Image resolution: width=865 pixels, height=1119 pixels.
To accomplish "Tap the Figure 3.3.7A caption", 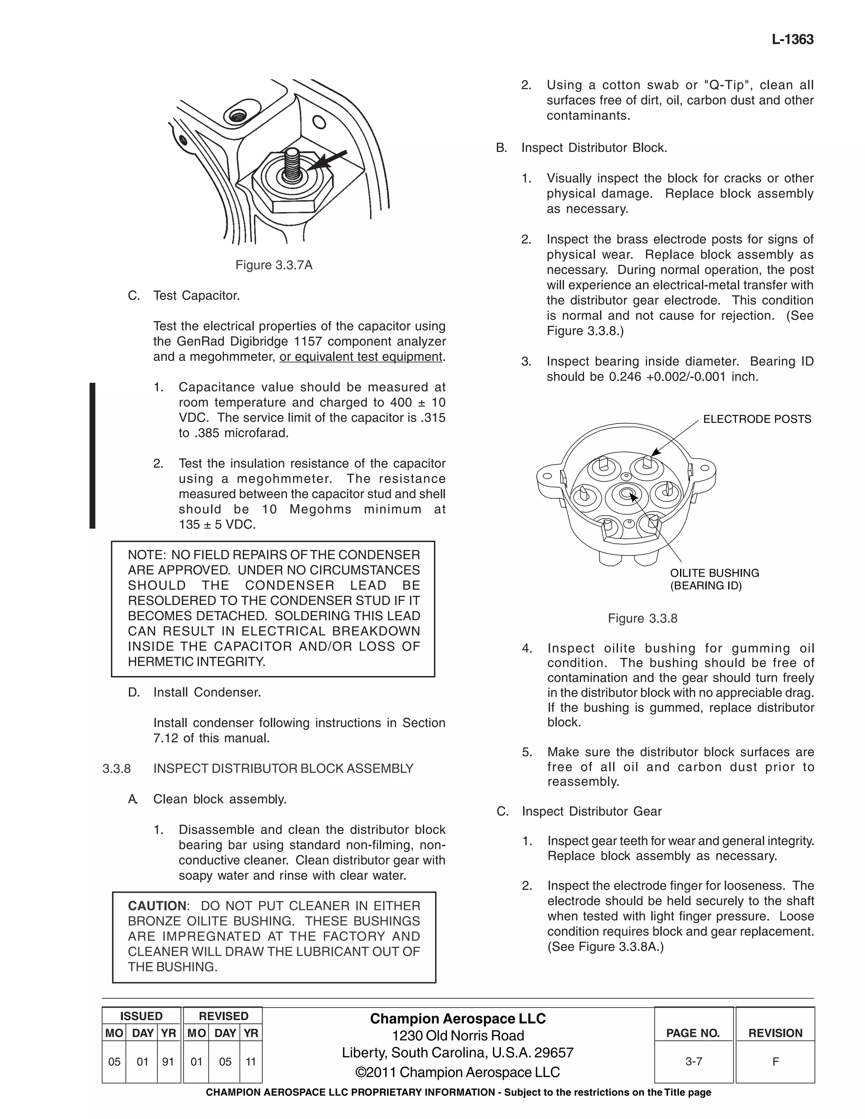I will coord(274,265).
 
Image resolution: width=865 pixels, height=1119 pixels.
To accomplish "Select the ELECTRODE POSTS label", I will coord(757,419).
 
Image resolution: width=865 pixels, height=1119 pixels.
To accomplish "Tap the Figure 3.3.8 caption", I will coord(642,619).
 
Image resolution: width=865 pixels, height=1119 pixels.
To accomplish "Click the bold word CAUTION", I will coord(157,906).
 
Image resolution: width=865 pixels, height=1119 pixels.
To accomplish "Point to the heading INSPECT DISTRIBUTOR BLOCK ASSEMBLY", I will coord(283,769).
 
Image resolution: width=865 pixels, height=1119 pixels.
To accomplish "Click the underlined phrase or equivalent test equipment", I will coord(361,357).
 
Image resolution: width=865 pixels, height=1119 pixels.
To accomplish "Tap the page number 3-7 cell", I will coord(694,1061).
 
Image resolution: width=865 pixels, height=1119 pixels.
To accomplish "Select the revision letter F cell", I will coord(775,1061).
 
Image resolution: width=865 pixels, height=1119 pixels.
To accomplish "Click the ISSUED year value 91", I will coord(168,1062).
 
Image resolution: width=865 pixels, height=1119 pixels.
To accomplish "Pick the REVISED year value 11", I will coord(250,1062).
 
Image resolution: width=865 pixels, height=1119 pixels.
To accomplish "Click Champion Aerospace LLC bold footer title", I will coord(457,1019).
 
